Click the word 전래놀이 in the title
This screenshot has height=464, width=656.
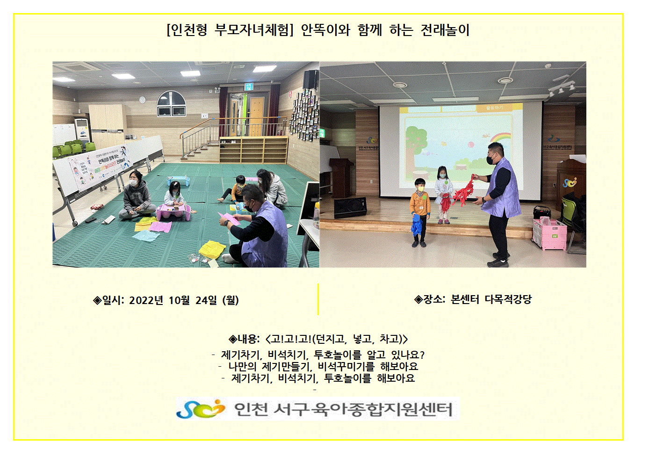[445, 30]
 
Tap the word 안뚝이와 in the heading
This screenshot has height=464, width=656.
[325, 30]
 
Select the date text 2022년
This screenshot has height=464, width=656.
[146, 300]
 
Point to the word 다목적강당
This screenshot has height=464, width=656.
[508, 299]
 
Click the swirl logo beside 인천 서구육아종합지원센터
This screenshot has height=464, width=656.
[201, 409]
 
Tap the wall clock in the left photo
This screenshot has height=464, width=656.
[142, 100]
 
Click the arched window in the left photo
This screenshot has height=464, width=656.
[171, 103]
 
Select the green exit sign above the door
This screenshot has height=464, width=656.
[249, 87]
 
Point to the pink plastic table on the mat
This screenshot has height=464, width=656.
[173, 212]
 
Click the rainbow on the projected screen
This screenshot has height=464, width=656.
[502, 137]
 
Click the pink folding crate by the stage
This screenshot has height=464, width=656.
[550, 234]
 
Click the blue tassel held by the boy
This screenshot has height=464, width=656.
[416, 225]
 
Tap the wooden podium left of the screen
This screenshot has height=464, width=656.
[341, 178]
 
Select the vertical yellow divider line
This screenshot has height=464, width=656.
[318, 299]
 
